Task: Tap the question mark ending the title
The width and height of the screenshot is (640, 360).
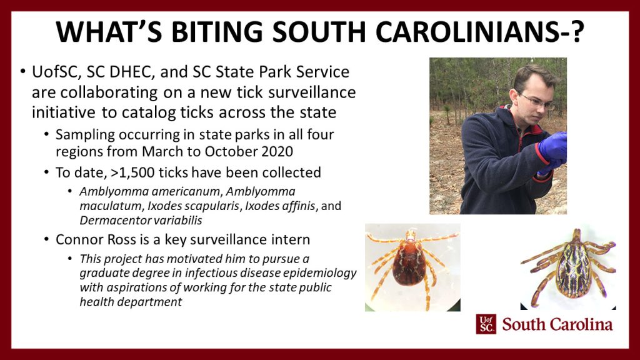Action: coord(576,31)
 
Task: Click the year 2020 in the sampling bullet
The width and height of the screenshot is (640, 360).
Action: coord(276,151)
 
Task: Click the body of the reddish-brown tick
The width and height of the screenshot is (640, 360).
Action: coord(409,263)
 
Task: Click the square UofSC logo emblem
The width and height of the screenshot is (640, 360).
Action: coord(486,324)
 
